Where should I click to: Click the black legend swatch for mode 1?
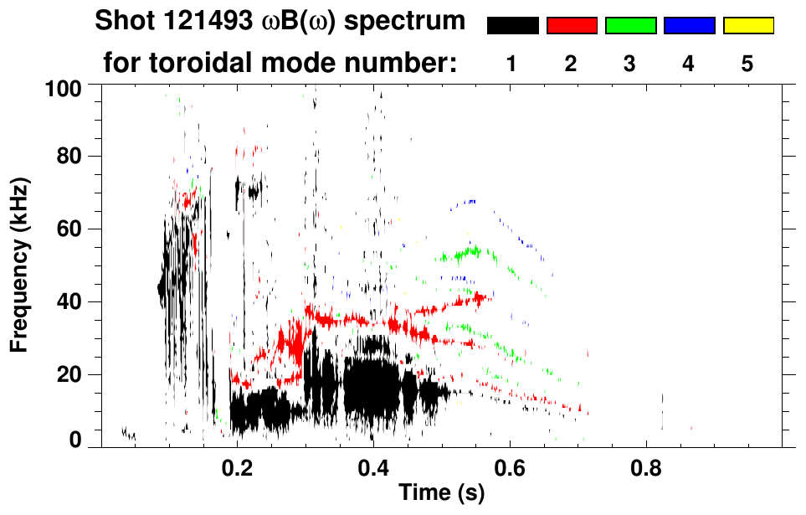tap(512, 26)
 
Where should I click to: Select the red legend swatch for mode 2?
tap(572, 26)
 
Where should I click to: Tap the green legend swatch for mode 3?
tap(630, 26)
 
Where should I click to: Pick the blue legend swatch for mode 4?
tap(689, 26)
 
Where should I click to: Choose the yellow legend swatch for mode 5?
tap(748, 26)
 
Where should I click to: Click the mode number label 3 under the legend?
tap(630, 64)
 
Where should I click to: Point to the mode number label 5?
tap(748, 64)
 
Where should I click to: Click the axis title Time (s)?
tap(440, 493)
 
